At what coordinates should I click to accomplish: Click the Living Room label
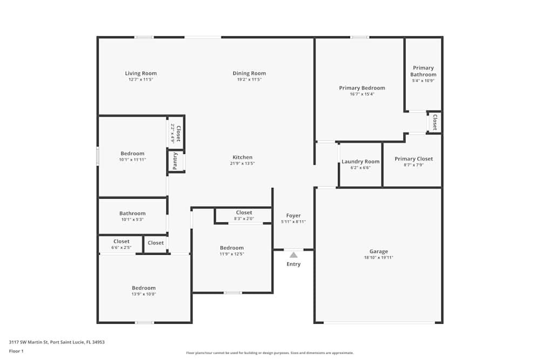[x=141, y=73]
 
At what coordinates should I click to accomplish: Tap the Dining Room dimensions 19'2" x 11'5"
[x=249, y=79]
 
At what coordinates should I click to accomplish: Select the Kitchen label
[x=242, y=157]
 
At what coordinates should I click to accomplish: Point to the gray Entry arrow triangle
[x=293, y=255]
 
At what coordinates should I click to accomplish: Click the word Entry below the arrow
[x=293, y=264]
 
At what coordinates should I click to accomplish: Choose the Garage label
[x=379, y=252]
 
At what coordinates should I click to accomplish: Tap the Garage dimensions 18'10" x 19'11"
[x=379, y=257]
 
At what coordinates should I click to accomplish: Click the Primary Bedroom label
[x=362, y=88]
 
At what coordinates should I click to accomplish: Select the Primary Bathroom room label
[x=423, y=71]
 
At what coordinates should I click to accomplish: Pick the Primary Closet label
[x=414, y=159]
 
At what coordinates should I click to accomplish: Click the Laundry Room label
[x=361, y=162]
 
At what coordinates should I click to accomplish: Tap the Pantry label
[x=175, y=161]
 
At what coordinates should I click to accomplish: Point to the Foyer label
[x=293, y=216]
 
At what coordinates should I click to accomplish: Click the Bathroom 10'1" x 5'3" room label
[x=133, y=214]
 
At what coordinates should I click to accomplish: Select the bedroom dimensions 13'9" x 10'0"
[x=144, y=294]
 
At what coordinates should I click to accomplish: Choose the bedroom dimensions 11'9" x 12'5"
[x=232, y=254]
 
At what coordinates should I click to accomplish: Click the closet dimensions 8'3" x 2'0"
[x=244, y=219]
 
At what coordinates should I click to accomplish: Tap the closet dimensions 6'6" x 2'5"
[x=121, y=247]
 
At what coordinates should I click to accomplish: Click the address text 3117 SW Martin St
[x=29, y=342]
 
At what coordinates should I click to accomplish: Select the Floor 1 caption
[x=16, y=351]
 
